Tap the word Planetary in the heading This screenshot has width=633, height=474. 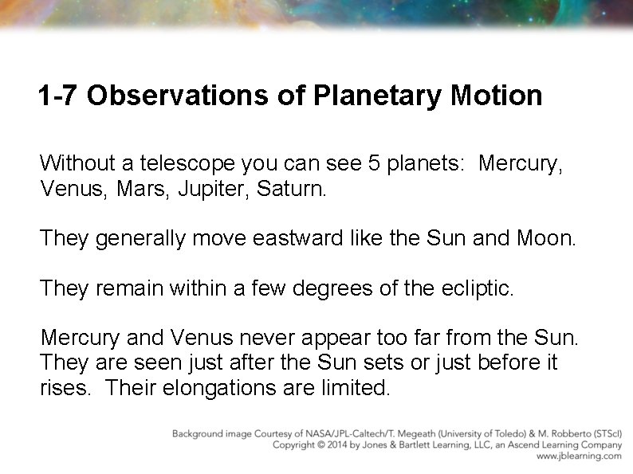click(378, 96)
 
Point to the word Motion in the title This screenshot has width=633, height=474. click(497, 96)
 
